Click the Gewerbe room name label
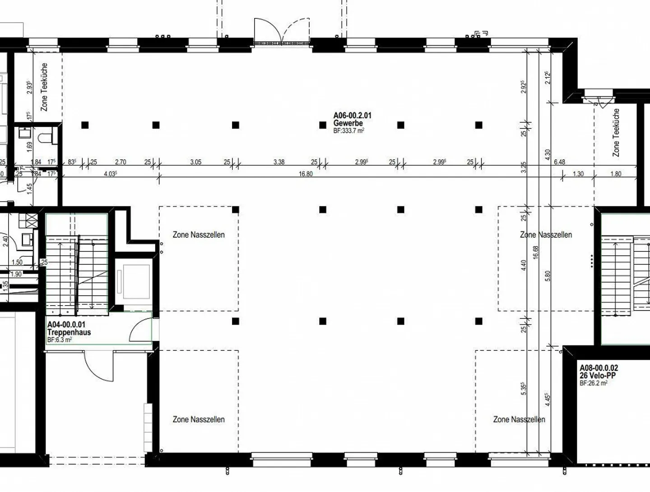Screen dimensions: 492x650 click(x=348, y=123)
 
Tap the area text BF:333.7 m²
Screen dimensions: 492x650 click(x=348, y=130)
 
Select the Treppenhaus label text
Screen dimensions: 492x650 click(x=69, y=332)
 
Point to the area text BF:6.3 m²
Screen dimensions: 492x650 click(x=59, y=340)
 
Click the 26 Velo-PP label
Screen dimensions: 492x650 click(x=598, y=375)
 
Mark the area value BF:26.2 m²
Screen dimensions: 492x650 click(x=593, y=383)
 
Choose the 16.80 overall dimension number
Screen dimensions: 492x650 click(x=306, y=174)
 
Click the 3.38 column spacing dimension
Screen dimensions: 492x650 click(x=279, y=162)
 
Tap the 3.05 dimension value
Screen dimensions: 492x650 click(x=195, y=162)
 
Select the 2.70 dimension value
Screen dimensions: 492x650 click(x=121, y=162)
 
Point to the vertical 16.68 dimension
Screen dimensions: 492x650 click(x=536, y=258)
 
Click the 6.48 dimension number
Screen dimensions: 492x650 click(x=559, y=162)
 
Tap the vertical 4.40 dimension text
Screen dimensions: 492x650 click(x=524, y=265)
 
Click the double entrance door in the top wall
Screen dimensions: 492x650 click(x=282, y=32)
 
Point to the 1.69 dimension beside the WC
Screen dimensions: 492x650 click(x=29, y=146)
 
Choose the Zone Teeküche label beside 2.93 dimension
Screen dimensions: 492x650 click(x=44, y=87)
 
